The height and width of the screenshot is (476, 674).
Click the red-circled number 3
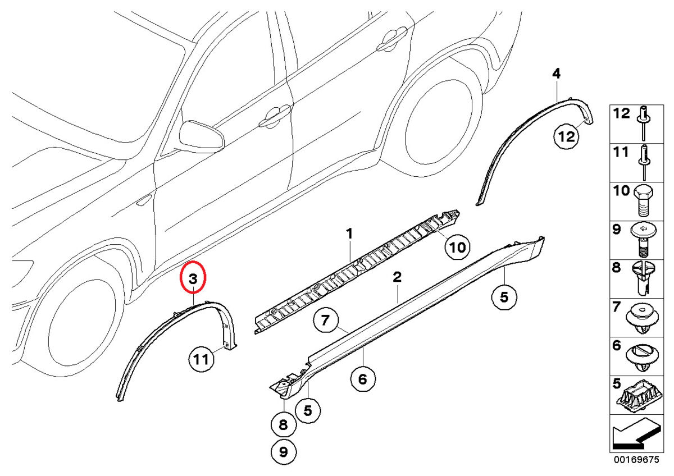coord(193,278)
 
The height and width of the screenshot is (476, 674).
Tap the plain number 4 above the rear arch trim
coord(556,73)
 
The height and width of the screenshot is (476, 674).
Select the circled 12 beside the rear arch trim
coord(566,135)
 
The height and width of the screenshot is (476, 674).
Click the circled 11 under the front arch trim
coord(201,359)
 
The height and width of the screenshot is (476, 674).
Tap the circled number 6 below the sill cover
coord(363,379)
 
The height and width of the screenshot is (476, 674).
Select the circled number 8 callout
coord(283,425)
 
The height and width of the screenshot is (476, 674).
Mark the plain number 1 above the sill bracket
coord(349,233)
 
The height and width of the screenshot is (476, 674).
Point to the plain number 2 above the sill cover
coord(397,276)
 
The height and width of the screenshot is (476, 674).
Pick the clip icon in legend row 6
coord(643,356)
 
